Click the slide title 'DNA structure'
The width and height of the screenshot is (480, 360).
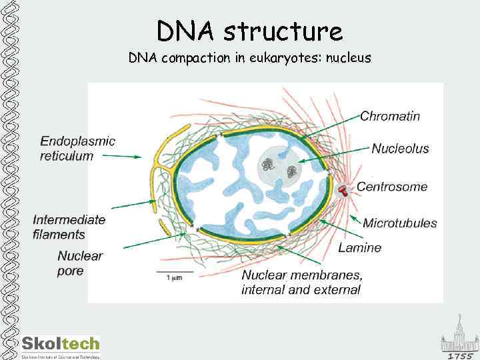(x=249, y=31)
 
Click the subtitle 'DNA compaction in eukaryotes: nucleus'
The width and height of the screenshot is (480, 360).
(x=249, y=58)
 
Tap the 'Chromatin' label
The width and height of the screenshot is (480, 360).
(x=390, y=116)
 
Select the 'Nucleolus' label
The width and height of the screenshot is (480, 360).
(x=400, y=149)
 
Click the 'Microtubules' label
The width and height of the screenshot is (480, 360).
(x=400, y=223)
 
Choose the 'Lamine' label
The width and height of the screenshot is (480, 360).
(x=360, y=248)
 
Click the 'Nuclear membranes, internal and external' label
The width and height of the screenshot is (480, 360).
(x=302, y=283)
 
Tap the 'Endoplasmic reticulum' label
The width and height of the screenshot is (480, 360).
(x=77, y=149)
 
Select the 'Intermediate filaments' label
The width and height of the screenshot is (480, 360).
(x=69, y=227)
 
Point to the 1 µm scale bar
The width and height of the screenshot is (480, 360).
(x=173, y=273)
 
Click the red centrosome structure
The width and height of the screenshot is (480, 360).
(x=344, y=191)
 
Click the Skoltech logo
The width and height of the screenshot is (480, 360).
(x=60, y=345)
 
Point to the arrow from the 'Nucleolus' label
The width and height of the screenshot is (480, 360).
(x=333, y=155)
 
